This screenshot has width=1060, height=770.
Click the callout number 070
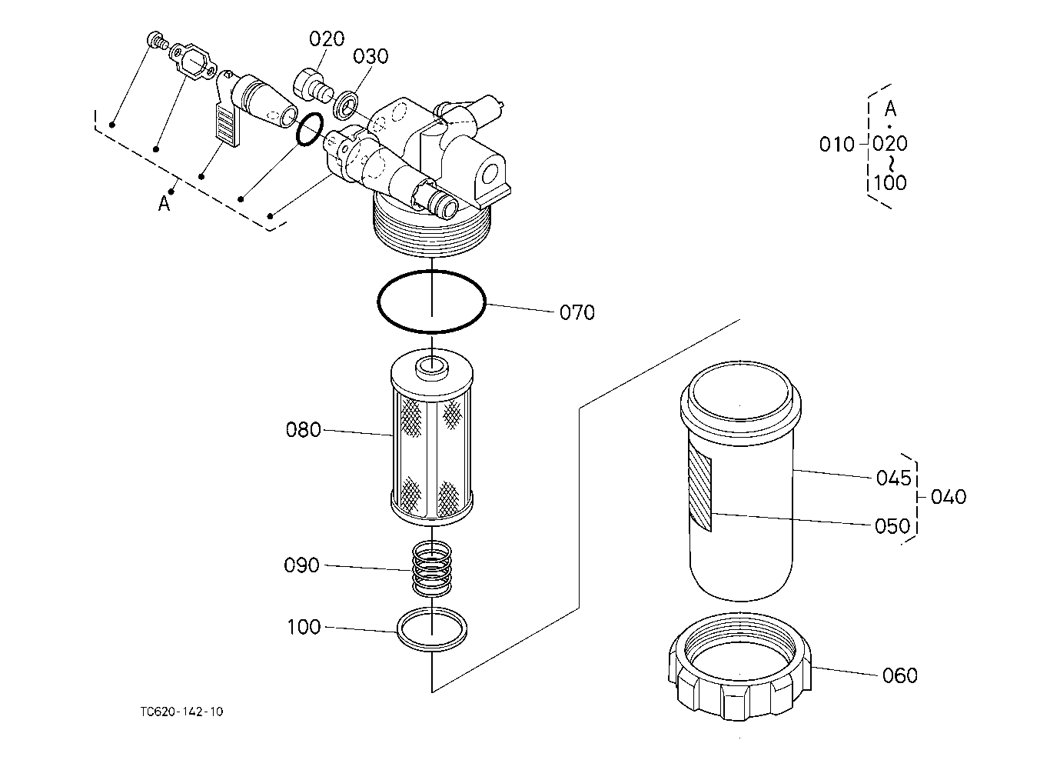tap(577, 312)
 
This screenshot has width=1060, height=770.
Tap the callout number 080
tap(304, 430)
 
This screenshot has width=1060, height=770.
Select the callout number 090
tap(301, 565)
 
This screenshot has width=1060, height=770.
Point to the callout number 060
tap(899, 675)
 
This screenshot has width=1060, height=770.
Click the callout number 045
tap(893, 478)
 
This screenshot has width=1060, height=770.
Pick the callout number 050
tap(892, 526)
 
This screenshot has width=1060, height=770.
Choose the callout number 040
tap(949, 497)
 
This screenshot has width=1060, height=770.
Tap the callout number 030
tap(371, 56)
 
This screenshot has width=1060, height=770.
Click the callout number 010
tap(836, 145)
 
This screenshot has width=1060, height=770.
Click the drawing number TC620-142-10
tap(181, 712)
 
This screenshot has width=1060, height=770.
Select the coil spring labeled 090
tap(431, 568)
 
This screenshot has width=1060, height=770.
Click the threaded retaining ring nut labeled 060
tap(739, 667)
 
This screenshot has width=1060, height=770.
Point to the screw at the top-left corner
tap(156, 39)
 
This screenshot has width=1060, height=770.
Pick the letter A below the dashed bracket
tap(164, 204)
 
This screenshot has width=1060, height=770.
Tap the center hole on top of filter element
tap(431, 365)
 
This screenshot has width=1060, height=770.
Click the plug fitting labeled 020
tap(313, 86)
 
